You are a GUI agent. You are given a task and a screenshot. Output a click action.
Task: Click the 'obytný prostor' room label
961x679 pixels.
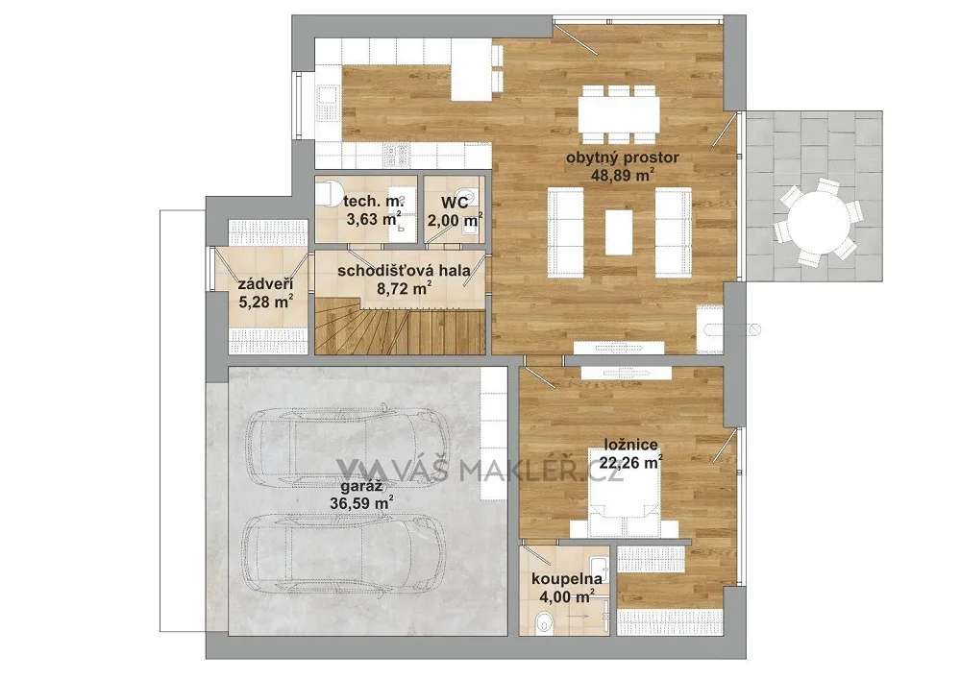622,158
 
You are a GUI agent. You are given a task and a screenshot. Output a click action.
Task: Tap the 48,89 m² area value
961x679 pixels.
622,176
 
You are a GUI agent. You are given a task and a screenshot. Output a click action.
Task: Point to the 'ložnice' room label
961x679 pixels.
630,445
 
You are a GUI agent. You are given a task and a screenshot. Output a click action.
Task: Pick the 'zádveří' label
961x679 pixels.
265,284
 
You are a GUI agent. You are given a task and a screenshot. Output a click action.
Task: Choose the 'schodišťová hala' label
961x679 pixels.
404,271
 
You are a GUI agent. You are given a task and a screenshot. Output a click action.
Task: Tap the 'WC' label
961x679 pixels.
455,202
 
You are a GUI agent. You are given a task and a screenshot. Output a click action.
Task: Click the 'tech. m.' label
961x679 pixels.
373,201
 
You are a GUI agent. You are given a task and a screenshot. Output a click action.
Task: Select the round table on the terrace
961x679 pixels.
818,222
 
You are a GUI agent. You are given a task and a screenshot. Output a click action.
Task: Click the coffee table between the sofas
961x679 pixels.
619,232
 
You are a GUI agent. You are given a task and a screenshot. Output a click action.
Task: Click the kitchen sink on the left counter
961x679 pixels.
326,104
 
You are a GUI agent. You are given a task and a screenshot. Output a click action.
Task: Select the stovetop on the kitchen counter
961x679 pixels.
397,156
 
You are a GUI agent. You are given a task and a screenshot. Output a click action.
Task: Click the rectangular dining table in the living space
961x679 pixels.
619,114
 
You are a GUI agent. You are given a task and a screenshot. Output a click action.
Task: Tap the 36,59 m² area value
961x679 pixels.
362,503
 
